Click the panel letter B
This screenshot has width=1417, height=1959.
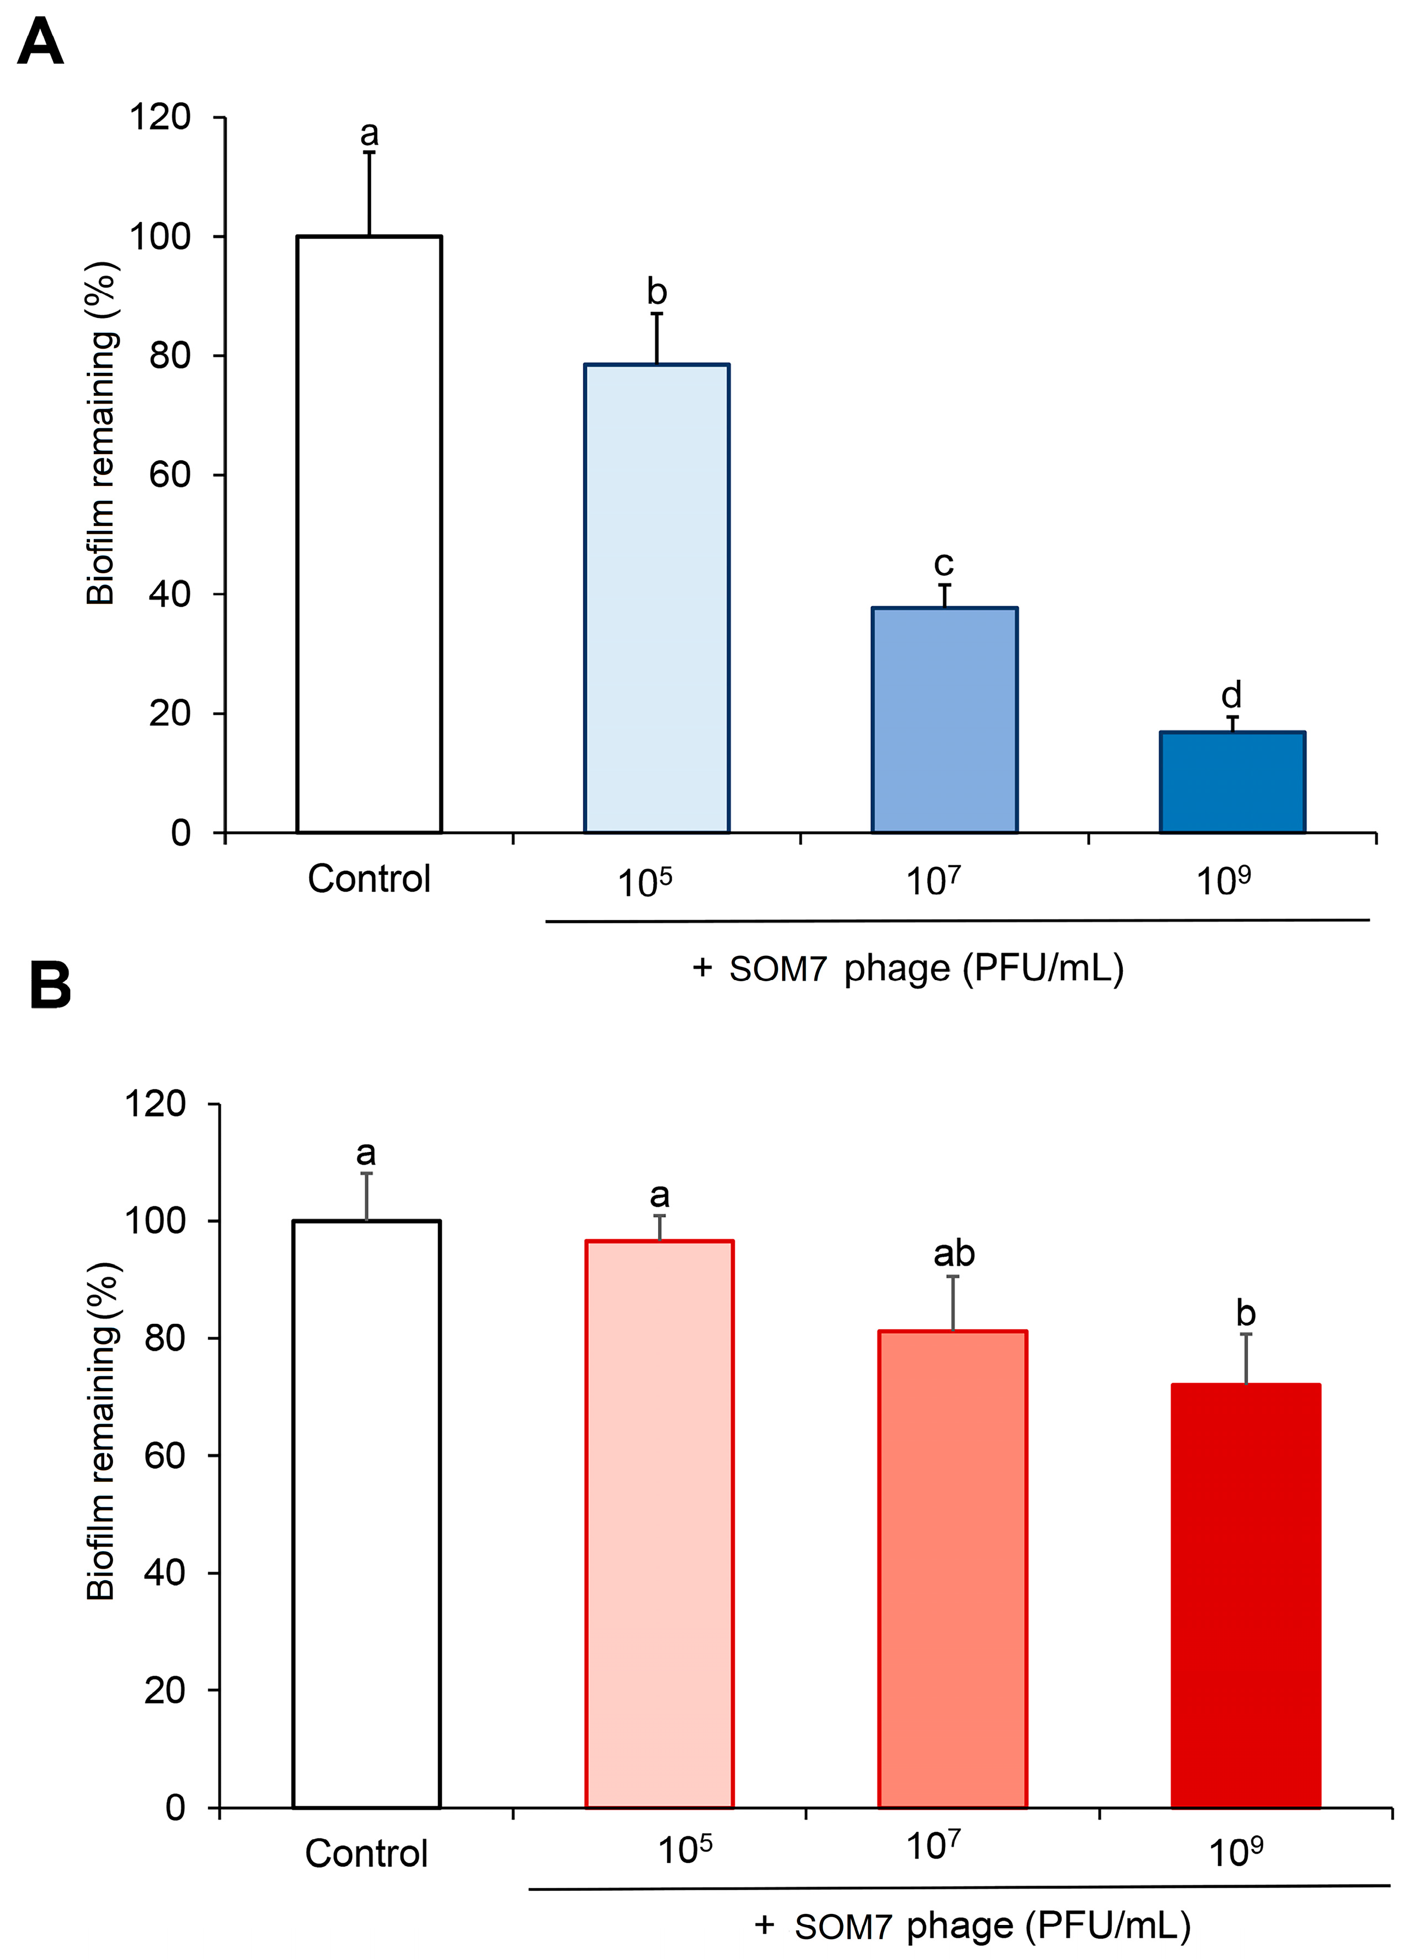coord(50,987)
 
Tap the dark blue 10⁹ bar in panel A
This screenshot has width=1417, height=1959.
coord(1232,782)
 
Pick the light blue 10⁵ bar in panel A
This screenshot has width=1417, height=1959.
coord(656,598)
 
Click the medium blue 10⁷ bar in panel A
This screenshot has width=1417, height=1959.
coord(944,719)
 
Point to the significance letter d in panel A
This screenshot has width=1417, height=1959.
coord(1230,695)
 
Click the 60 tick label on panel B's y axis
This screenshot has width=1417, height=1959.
coord(164,1456)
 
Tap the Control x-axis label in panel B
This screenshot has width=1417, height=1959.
coord(366,1854)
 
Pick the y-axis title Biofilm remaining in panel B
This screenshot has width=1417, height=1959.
coord(102,1431)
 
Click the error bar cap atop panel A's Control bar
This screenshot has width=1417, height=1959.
coord(369,153)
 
